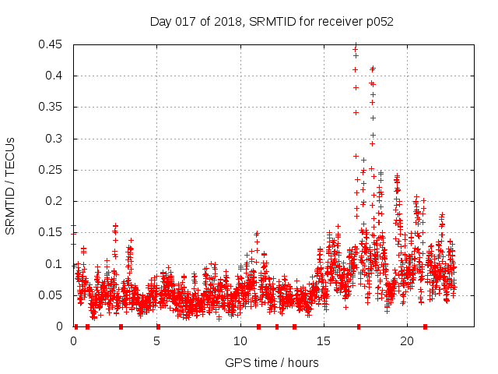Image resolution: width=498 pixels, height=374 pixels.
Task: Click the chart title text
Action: (x=272, y=22)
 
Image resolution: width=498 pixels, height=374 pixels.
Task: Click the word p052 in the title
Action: (x=379, y=22)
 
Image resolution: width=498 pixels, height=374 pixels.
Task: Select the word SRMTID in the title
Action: (x=268, y=22)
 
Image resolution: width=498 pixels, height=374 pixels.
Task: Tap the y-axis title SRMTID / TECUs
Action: (x=10, y=185)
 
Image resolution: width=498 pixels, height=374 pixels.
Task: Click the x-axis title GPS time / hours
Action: (x=272, y=362)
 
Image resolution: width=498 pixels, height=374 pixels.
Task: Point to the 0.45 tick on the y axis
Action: (x=51, y=44)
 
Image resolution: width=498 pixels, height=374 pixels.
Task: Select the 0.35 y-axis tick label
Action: (x=51, y=108)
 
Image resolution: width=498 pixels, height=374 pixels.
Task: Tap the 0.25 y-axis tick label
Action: (x=51, y=170)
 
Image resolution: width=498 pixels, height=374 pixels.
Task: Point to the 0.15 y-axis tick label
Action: (x=51, y=233)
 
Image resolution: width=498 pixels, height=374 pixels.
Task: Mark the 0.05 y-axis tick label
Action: (x=51, y=295)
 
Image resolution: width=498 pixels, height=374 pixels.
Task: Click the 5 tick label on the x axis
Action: (x=157, y=341)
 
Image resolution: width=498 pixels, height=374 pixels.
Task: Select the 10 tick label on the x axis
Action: (x=240, y=341)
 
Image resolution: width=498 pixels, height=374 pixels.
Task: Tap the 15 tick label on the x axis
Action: (x=324, y=341)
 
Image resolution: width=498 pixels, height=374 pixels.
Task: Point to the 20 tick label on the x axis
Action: (x=407, y=341)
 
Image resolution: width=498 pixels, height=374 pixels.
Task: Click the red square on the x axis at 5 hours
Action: (x=158, y=326)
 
